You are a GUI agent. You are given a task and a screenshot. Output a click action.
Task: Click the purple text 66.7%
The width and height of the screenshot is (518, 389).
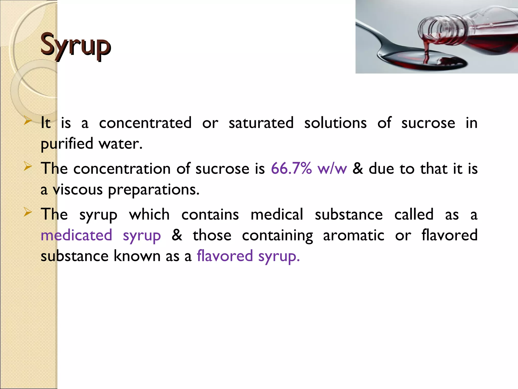[x=291, y=168]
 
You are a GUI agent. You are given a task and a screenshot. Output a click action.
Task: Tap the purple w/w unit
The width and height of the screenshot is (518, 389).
[x=332, y=169]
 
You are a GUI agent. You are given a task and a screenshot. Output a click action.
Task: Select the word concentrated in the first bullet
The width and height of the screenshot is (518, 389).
[x=145, y=123]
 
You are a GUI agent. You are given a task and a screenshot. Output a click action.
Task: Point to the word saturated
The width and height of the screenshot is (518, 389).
[x=261, y=123]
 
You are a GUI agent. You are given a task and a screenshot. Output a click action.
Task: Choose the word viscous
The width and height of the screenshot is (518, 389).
[x=77, y=190]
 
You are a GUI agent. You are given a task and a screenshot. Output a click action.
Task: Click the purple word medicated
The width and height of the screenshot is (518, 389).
[x=76, y=235]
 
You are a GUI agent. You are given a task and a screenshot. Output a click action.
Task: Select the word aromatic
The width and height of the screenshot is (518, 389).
[x=354, y=235]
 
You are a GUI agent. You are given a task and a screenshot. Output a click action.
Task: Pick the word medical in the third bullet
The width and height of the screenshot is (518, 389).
[x=277, y=215]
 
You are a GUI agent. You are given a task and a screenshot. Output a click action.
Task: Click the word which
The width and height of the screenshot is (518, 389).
[x=149, y=215]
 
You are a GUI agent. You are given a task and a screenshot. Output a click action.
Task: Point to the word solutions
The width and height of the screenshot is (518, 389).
[x=335, y=123]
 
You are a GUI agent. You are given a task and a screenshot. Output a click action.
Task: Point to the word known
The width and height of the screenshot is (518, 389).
[x=137, y=256]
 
